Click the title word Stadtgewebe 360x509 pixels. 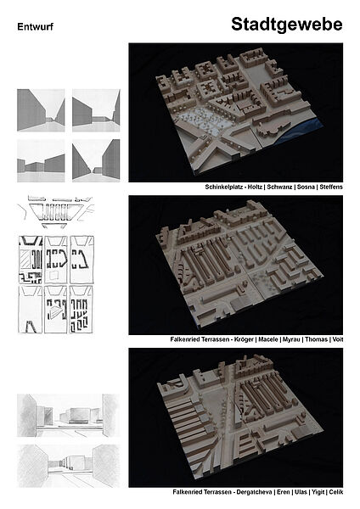(x=287, y=25)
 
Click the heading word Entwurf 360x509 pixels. (x=35, y=26)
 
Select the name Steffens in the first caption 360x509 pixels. (x=331, y=187)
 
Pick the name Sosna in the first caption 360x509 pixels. (x=306, y=187)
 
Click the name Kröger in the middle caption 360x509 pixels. (x=244, y=339)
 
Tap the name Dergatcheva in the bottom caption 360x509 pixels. (x=254, y=492)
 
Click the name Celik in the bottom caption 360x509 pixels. (x=336, y=492)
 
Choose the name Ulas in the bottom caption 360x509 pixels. (x=301, y=492)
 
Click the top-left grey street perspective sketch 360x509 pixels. (x=41, y=110)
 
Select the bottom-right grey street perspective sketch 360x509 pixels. (x=96, y=160)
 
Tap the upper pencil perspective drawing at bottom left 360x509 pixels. (x=68, y=415)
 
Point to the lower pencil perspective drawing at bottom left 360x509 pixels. (x=68, y=466)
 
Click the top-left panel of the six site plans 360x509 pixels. (x=31, y=260)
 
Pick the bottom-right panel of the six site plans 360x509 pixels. (x=82, y=310)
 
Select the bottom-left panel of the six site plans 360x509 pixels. (x=31, y=310)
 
